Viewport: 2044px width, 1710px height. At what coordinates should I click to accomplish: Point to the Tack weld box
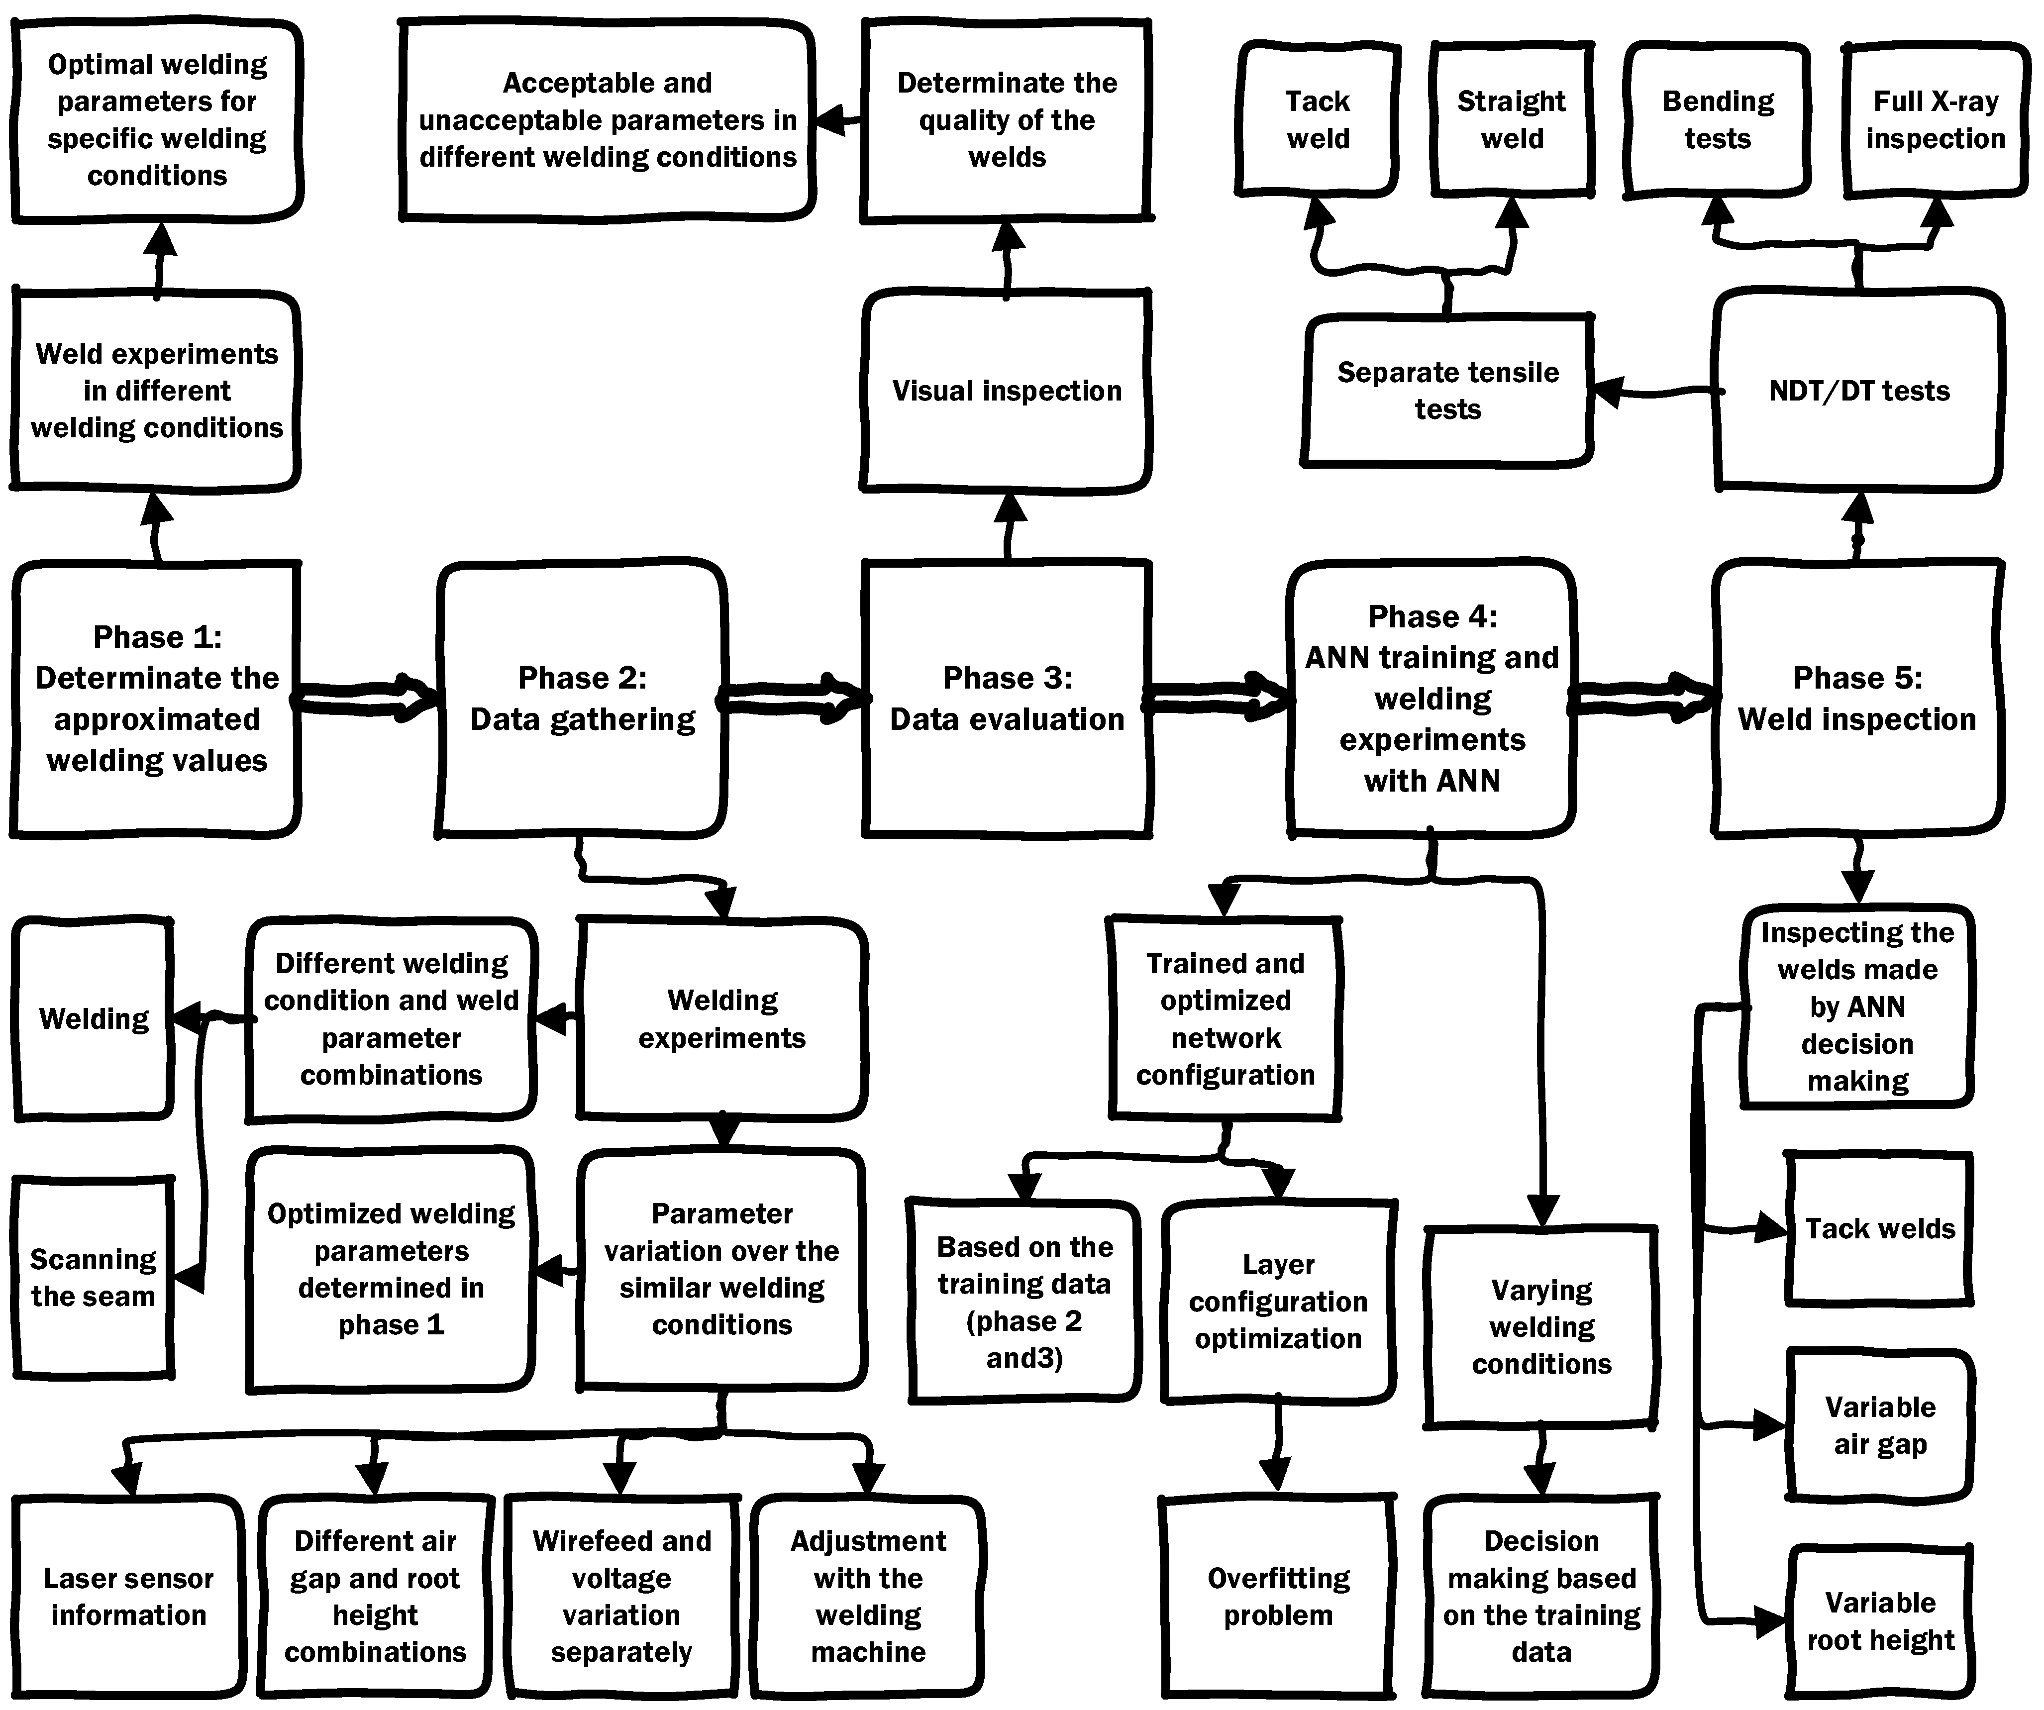coord(1318,120)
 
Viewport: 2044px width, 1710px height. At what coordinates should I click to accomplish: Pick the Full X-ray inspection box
coord(1935,120)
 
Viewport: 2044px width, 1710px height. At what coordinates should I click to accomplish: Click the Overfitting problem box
coord(1278,1596)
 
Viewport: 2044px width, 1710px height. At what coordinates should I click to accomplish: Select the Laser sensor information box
coord(128,1596)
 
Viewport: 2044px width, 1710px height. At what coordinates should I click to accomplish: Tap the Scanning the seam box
coord(94,1277)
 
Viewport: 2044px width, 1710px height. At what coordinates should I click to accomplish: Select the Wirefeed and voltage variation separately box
coord(621,1596)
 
